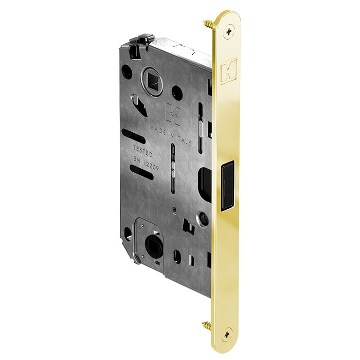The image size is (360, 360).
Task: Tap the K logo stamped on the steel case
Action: [173, 113]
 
